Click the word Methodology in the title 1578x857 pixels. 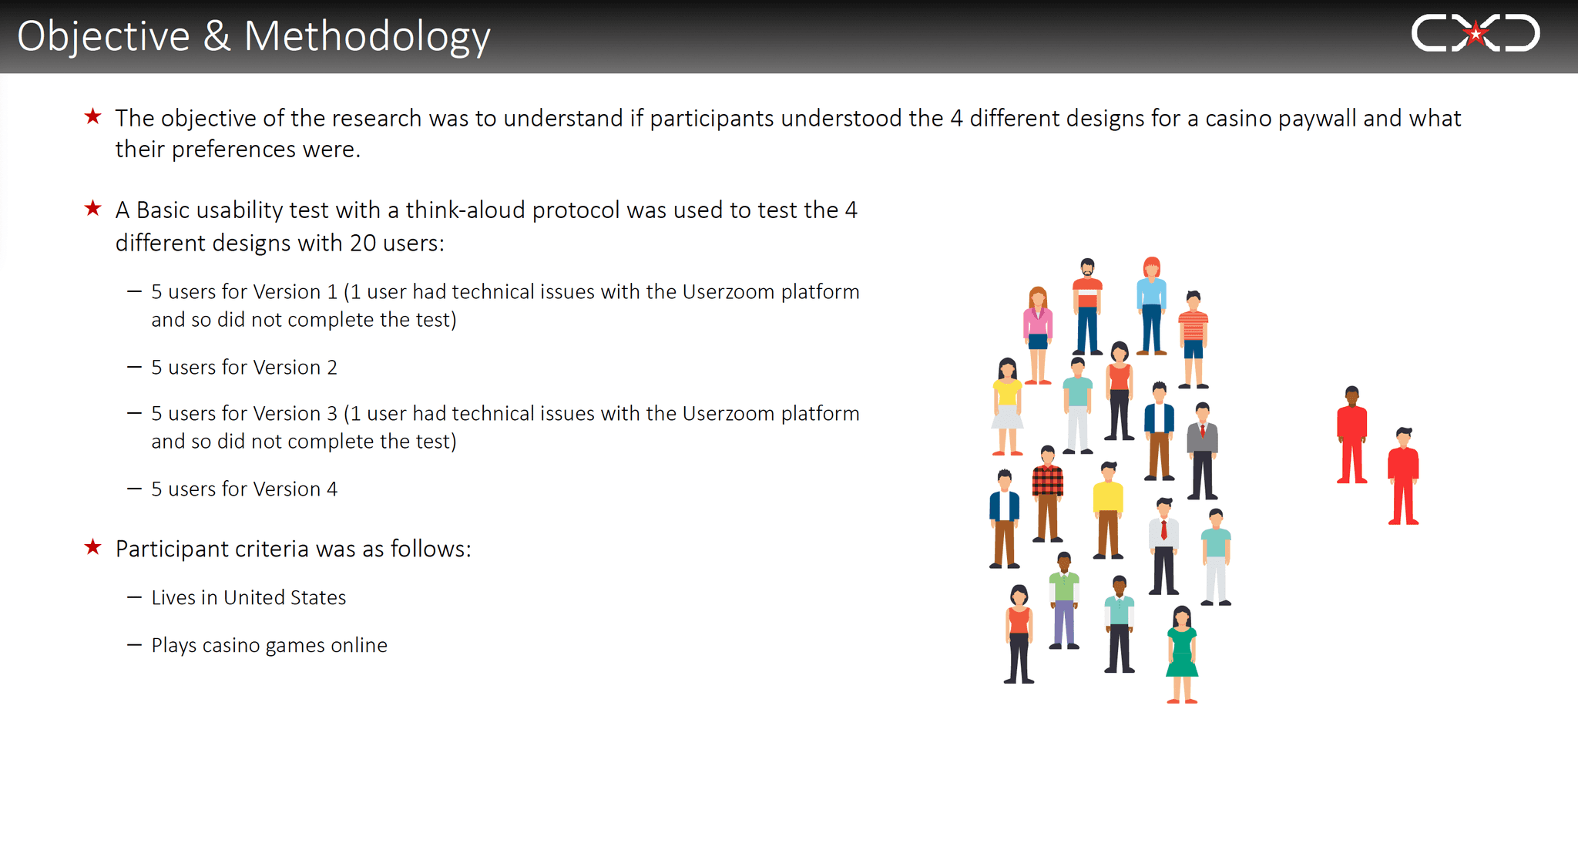367,37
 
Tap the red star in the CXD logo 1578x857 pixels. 1476,33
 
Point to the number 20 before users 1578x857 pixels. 363,244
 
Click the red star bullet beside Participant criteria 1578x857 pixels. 93,547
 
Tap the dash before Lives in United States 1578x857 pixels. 134,597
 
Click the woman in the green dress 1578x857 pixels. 1182,654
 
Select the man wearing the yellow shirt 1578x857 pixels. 1108,510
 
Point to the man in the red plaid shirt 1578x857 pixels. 1048,493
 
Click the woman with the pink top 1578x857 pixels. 1038,335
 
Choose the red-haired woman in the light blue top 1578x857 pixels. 1152,306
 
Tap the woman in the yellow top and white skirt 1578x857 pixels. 1007,406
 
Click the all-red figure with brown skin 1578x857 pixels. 1352,435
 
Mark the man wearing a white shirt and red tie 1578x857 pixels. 1164,546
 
